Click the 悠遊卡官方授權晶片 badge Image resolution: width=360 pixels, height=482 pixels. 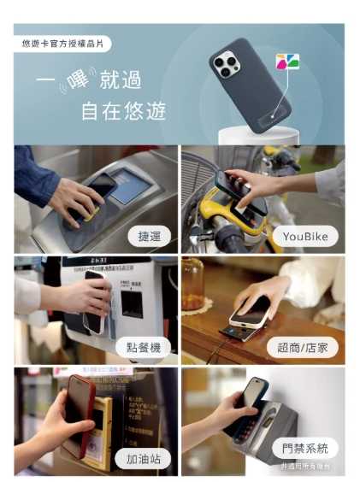click(x=62, y=44)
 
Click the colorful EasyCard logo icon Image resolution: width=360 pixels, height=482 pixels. click(x=286, y=62)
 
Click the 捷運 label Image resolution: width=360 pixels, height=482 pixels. click(x=150, y=236)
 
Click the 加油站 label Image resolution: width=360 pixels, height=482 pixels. click(x=143, y=456)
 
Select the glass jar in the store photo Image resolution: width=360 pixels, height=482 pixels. click(x=193, y=286)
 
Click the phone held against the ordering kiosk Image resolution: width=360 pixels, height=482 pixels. click(x=95, y=304)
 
